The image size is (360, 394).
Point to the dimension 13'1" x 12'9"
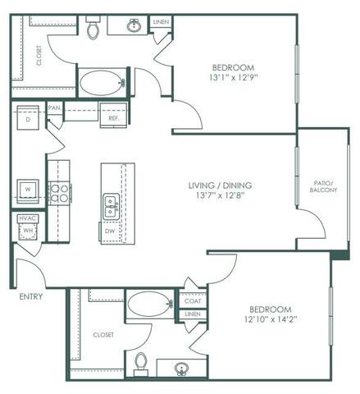point(233,80)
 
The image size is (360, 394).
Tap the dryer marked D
point(28,119)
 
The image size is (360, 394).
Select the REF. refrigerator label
point(114,119)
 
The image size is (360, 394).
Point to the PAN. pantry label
point(55,108)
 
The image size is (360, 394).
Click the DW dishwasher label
point(110,231)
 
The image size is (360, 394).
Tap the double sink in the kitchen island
point(111,204)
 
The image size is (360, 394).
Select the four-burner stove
point(60,193)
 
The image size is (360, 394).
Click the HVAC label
point(26,219)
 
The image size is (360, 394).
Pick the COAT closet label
point(192,301)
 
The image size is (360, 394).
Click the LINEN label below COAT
point(192,314)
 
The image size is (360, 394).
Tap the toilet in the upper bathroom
point(93,30)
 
